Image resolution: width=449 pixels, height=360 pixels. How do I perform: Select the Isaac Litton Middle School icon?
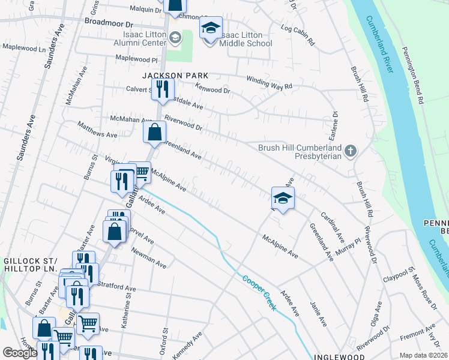coord(211,28)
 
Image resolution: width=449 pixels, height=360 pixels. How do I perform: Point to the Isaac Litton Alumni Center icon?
coord(175,38)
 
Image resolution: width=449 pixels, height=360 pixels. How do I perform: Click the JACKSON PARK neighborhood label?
coord(175,76)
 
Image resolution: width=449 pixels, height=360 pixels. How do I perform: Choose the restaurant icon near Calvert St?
coord(162,89)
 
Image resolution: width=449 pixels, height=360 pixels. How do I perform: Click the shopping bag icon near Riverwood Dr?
coord(154,131)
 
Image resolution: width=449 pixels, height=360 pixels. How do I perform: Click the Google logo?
coord(20,353)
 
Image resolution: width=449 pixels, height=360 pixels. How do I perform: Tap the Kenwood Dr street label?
coord(214,89)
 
